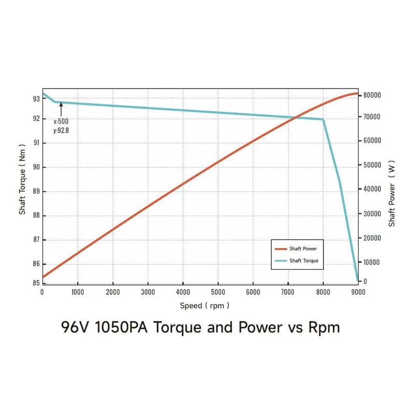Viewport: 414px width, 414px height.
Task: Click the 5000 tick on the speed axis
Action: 218,292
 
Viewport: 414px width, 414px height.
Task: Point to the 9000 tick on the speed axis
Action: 358,292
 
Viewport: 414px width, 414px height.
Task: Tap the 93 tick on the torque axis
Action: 36,99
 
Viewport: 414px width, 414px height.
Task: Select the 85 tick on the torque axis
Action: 36,283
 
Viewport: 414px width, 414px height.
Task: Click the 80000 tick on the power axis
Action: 373,95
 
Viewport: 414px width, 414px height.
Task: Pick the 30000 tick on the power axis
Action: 373,214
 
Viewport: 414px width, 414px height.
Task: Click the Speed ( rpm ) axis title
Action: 204,306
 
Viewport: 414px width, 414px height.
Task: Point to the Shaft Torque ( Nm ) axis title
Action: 23,187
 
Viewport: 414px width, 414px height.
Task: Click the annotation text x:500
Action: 61,121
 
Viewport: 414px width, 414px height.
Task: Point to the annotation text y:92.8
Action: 61,130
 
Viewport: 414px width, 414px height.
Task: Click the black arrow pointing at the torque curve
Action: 61,109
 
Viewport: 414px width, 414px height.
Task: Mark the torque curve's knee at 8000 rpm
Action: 323,120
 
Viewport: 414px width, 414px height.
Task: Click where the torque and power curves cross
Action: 294,118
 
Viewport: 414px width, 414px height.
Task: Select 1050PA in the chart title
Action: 123,328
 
